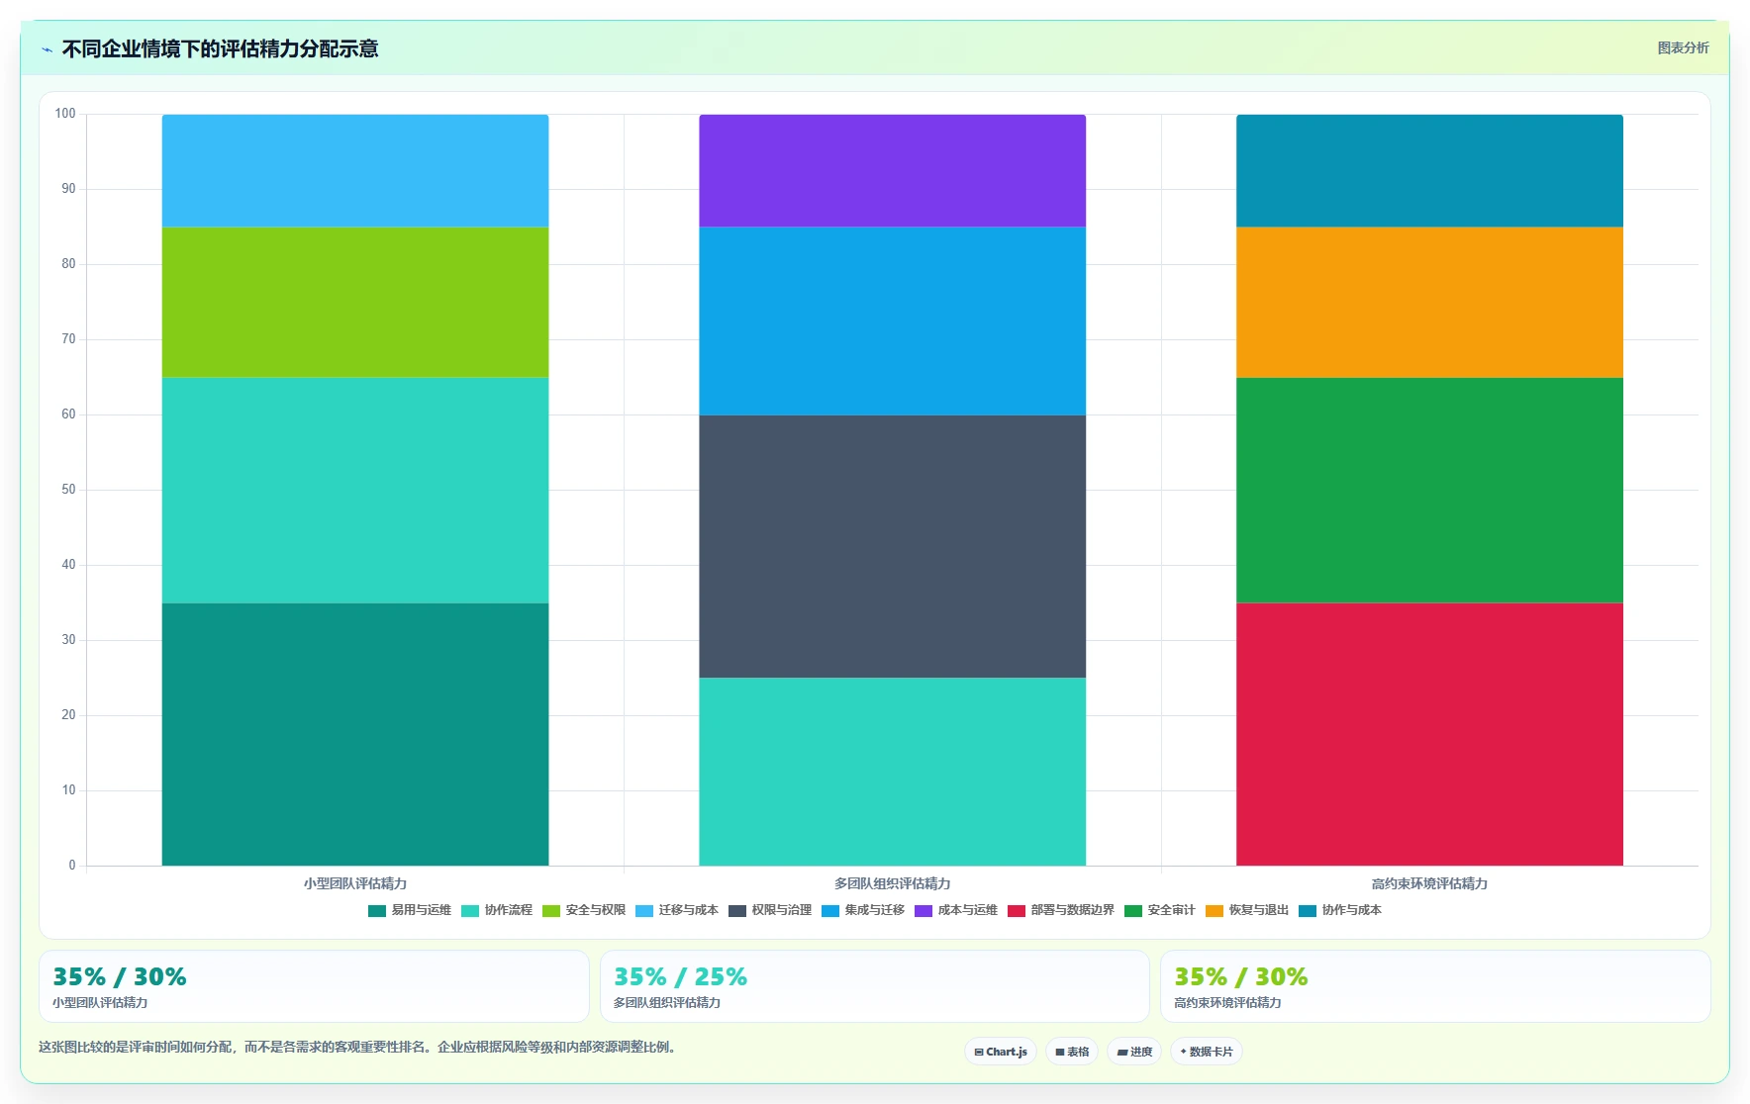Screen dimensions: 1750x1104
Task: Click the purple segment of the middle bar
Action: [x=892, y=170]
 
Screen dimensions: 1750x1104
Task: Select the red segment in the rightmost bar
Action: [x=1429, y=734]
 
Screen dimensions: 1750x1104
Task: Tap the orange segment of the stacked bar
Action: [x=1429, y=302]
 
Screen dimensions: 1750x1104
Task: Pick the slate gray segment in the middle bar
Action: [x=892, y=546]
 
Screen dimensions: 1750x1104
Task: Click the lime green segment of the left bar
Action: [x=355, y=302]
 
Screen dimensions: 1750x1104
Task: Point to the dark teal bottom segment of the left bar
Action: [x=355, y=734]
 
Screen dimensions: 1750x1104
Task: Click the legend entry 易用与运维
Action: [x=410, y=910]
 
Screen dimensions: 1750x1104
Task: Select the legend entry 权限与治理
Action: [x=770, y=910]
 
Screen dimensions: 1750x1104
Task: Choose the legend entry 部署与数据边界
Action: [x=1061, y=910]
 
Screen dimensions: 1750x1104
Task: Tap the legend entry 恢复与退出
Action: [x=1247, y=910]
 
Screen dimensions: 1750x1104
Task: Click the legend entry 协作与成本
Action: [x=1340, y=910]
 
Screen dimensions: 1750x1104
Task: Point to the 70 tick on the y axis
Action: [x=68, y=339]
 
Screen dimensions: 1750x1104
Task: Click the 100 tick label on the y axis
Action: [x=65, y=114]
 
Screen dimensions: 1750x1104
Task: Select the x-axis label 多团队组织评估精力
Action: [x=892, y=883]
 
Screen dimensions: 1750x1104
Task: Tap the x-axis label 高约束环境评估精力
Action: [x=1429, y=883]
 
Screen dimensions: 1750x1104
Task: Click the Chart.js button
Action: [x=1001, y=1052]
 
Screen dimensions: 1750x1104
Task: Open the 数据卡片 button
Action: [x=1207, y=1052]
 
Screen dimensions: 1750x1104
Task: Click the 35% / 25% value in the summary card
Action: [x=680, y=977]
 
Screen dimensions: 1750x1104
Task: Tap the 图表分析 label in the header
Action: [x=1683, y=47]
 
